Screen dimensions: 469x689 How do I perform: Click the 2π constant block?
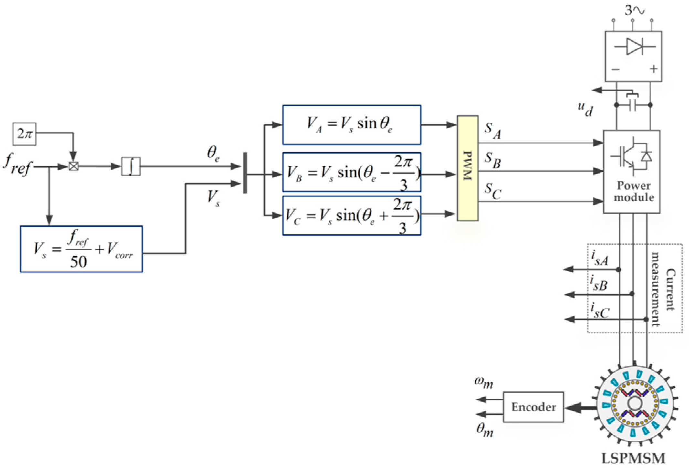pos(24,134)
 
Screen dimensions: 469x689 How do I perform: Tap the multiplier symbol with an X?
pos(74,166)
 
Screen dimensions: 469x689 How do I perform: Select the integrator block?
pos(131,166)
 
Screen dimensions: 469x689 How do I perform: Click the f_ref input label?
pos(18,164)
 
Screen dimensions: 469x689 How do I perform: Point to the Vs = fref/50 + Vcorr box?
pos(81,249)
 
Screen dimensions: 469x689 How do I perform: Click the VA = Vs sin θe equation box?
pos(351,125)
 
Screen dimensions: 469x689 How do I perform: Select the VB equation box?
pos(351,172)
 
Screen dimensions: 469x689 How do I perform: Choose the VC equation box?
pos(351,215)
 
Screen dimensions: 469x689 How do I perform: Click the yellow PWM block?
pos(467,168)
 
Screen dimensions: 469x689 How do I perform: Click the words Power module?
pos(633,191)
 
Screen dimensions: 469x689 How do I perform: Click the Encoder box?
pos(533,407)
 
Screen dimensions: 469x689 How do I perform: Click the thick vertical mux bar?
pos(245,173)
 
